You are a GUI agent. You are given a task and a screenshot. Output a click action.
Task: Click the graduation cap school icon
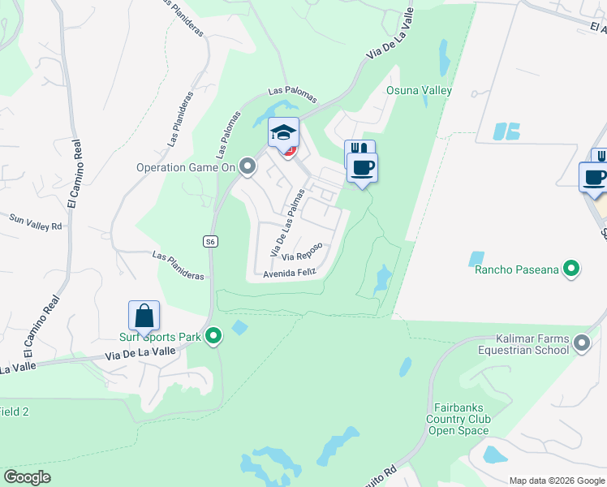[x=284, y=132]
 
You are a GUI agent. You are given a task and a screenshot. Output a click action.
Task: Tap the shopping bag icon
[x=144, y=316]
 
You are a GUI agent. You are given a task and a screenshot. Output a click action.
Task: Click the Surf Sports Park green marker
[x=213, y=335]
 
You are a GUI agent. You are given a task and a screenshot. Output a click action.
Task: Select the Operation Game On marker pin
[x=248, y=167]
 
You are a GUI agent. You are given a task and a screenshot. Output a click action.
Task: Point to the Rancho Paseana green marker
[x=573, y=268]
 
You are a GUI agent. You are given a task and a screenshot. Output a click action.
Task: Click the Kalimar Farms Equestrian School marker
[x=582, y=343]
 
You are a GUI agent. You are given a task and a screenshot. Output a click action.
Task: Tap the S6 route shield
[x=210, y=242]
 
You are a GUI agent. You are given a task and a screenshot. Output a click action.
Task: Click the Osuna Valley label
[x=419, y=90]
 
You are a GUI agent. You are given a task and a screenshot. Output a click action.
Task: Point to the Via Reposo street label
[x=303, y=252]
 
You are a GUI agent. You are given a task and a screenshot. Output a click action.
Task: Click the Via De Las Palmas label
[x=288, y=222]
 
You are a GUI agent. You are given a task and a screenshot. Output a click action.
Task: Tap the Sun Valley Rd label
[x=36, y=221]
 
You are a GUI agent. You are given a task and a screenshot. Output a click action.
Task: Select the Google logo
[x=27, y=477]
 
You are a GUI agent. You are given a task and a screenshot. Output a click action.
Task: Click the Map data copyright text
[x=556, y=480]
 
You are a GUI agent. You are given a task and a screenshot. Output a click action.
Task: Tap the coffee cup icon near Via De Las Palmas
[x=362, y=168]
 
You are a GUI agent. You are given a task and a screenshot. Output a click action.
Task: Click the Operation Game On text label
[x=186, y=167]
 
